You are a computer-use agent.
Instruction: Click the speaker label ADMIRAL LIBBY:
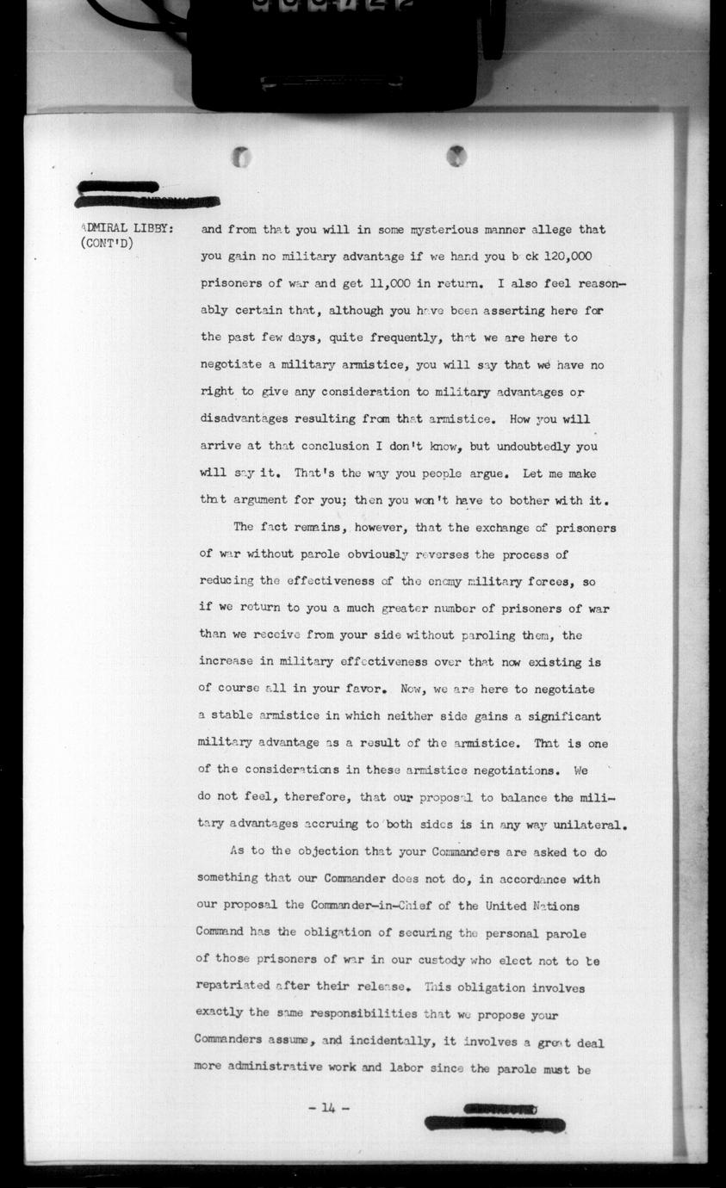(x=127, y=228)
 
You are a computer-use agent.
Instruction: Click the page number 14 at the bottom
(x=328, y=1107)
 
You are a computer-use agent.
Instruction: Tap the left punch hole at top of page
(x=243, y=158)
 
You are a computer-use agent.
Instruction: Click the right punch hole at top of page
(x=456, y=156)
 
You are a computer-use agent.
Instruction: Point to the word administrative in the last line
(x=289, y=1068)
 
